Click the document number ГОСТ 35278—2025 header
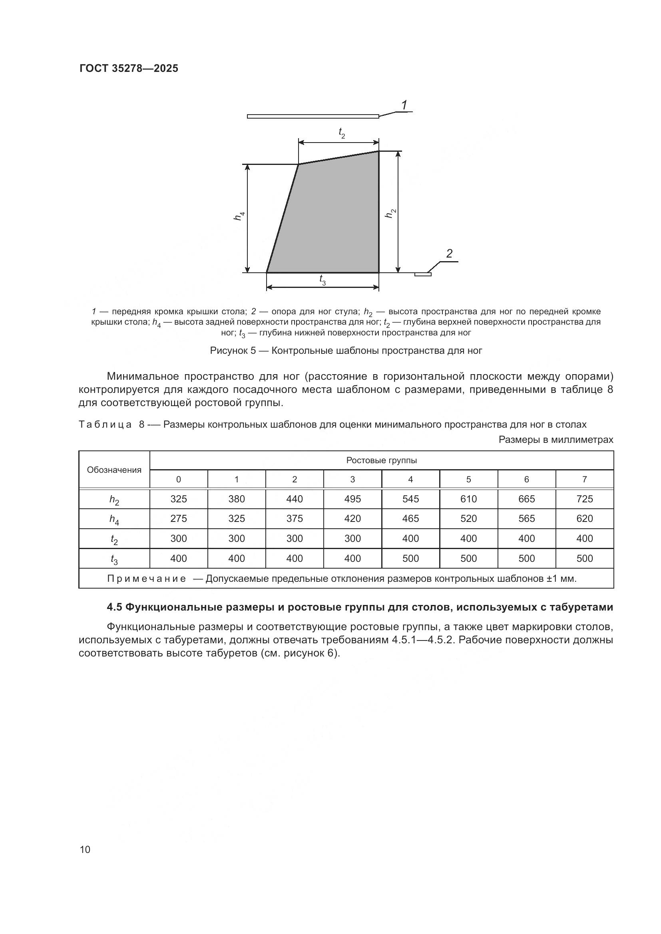129,68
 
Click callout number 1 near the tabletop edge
404,105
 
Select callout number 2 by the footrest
449,254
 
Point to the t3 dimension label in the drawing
323,280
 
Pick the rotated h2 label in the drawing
390,213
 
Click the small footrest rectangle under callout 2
423,274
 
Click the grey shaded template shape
334,220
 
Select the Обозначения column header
114,470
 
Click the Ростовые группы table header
381,460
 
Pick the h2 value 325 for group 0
178,499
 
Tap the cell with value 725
585,499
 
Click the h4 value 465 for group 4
410,519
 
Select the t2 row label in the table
114,539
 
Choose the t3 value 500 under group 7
585,559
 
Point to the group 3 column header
352,480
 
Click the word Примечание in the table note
147,579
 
